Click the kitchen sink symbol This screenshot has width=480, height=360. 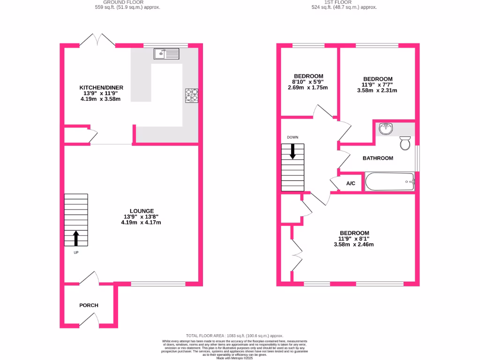(166, 54)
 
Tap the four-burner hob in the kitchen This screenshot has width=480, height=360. (192, 95)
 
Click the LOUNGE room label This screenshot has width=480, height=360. (142, 211)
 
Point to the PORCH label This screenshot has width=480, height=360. (89, 305)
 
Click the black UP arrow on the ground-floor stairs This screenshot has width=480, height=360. (76, 238)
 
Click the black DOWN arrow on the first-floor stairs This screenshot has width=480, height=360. (293, 151)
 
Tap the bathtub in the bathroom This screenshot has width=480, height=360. (390, 181)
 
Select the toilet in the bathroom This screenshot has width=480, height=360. (405, 142)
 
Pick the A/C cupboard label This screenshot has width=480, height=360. (351, 184)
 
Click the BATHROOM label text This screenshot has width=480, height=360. (378, 158)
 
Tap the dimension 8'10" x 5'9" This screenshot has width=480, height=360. (307, 82)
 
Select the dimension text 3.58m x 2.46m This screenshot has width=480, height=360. (354, 244)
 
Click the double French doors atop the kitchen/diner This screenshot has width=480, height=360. (97, 41)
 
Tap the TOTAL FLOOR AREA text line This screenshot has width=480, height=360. (235, 336)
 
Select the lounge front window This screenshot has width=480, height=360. (158, 283)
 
